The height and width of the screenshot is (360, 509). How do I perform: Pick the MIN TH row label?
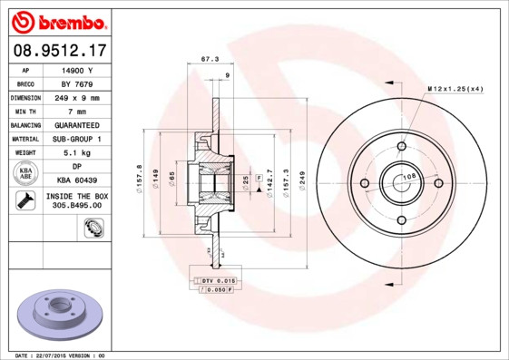pyautogui.click(x=25, y=112)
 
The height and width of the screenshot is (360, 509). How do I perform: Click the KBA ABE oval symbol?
pyautogui.click(x=26, y=174)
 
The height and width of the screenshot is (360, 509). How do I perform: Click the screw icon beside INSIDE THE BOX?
pyautogui.click(x=25, y=202)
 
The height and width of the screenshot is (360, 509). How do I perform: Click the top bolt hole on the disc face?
pyautogui.click(x=401, y=146)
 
